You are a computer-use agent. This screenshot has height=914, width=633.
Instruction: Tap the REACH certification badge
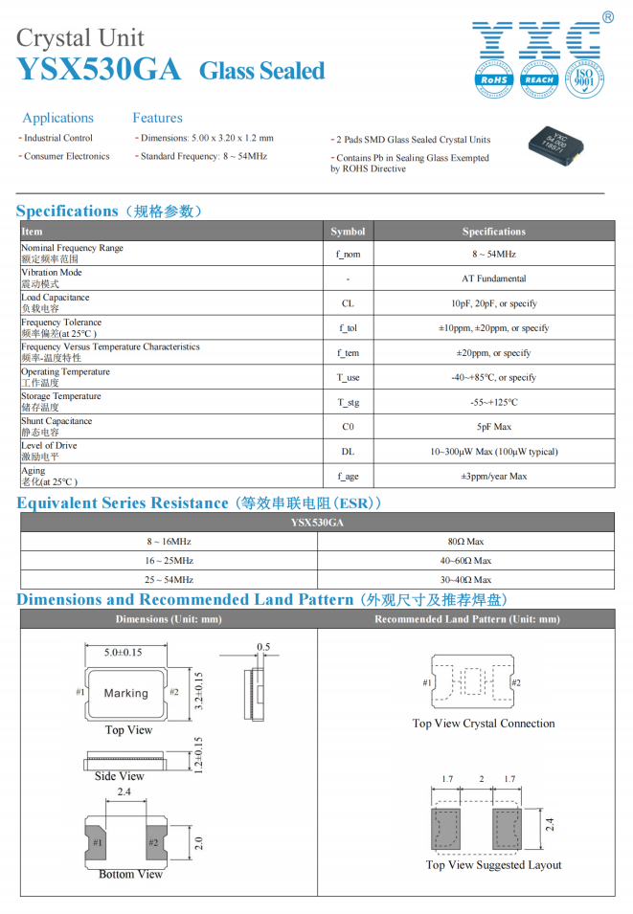[539, 80]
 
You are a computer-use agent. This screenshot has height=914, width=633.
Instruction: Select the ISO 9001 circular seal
[582, 79]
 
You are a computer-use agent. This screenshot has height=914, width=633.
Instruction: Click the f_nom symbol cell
[348, 254]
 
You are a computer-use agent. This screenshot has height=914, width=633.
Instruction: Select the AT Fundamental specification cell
[493, 279]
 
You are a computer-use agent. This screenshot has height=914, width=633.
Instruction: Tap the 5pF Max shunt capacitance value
[493, 427]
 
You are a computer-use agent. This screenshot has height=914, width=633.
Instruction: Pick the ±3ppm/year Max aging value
[493, 476]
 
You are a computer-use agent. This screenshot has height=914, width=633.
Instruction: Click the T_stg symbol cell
[348, 402]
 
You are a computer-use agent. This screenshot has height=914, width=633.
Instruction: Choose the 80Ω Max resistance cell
[465, 542]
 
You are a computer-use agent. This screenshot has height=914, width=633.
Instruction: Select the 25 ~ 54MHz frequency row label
[169, 580]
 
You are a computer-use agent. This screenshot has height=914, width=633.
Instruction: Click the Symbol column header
[348, 232]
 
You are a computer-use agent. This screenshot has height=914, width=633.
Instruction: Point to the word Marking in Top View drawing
[126, 693]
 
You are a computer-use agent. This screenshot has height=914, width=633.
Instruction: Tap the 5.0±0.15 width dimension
[123, 652]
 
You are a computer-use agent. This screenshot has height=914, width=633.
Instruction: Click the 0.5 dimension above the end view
[262, 647]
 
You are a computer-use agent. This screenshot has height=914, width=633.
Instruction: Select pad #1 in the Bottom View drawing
[99, 842]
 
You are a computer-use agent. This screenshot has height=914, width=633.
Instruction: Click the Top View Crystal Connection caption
[484, 724]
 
